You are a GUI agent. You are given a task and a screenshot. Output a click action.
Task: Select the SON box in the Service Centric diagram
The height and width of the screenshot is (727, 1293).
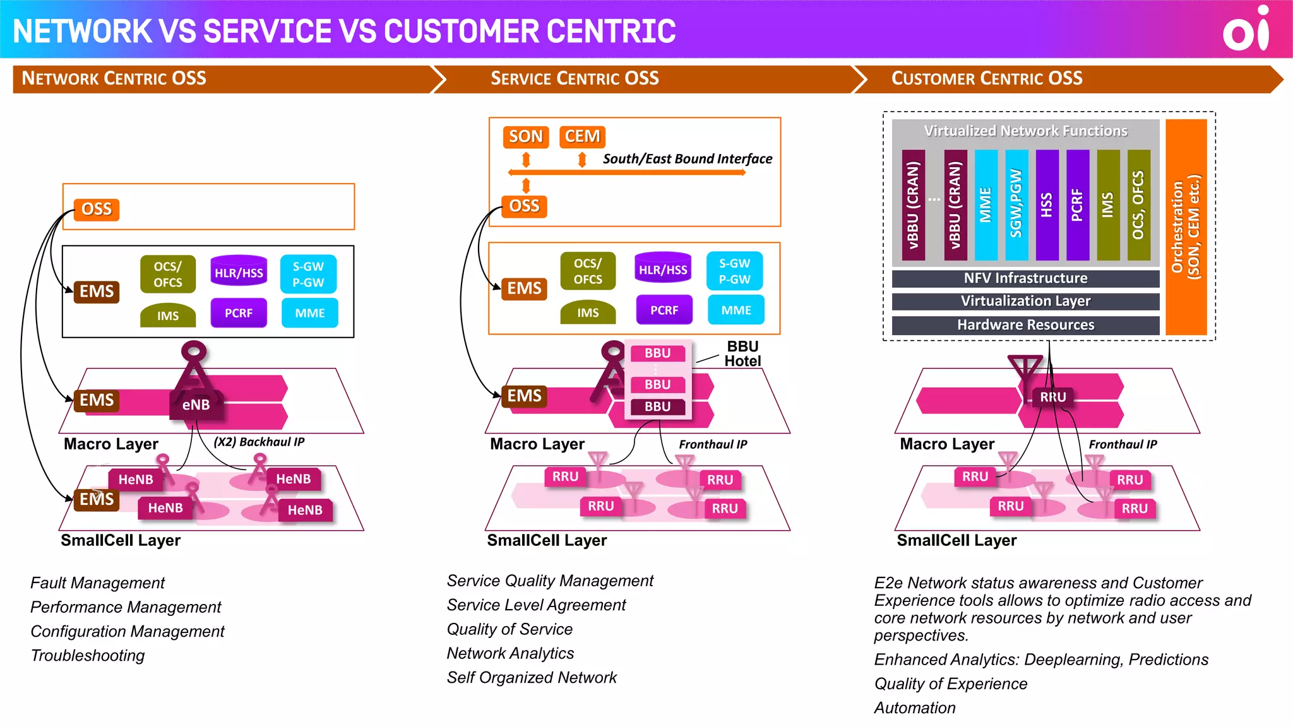pyautogui.click(x=525, y=136)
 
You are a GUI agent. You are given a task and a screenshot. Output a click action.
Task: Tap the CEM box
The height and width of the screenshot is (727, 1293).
pyautogui.click(x=581, y=136)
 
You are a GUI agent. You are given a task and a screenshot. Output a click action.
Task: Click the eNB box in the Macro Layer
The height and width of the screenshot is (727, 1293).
pyautogui.click(x=196, y=405)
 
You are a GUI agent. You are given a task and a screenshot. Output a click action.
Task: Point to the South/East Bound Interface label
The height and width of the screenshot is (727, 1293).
pyautogui.click(x=687, y=158)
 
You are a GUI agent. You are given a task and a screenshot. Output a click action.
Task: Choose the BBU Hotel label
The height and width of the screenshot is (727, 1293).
pyautogui.click(x=742, y=354)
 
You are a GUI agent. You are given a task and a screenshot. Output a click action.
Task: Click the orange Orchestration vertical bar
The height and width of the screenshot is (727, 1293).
pyautogui.click(x=1186, y=227)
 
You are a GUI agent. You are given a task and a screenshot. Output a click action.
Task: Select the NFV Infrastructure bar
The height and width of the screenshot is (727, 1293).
pyautogui.click(x=1025, y=278)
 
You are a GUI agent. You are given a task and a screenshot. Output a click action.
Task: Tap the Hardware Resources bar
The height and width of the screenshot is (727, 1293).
pyautogui.click(x=1025, y=325)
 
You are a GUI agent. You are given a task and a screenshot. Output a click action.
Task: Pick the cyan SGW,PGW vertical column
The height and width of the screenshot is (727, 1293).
pyautogui.click(x=1016, y=204)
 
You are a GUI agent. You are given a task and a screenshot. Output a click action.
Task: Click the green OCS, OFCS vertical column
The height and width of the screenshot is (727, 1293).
pyautogui.click(x=1138, y=204)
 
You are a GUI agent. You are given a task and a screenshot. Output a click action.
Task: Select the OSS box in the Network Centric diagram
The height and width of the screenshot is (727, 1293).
pyautogui.click(x=97, y=209)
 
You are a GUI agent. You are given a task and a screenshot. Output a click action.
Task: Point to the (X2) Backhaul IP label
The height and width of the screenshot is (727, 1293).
pyautogui.click(x=259, y=442)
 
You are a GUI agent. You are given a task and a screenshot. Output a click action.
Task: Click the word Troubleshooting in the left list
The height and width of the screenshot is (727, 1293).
pyautogui.click(x=88, y=656)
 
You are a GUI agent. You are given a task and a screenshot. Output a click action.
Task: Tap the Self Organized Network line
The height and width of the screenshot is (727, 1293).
pyautogui.click(x=532, y=678)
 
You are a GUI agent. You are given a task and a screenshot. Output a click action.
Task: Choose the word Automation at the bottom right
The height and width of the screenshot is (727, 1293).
pyautogui.click(x=915, y=708)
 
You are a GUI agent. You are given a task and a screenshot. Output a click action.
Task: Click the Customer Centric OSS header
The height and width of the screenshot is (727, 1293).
pyautogui.click(x=986, y=78)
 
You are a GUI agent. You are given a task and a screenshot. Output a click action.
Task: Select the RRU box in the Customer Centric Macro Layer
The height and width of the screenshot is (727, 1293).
pyautogui.click(x=1052, y=397)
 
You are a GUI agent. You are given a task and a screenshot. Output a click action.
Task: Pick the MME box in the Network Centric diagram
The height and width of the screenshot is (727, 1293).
pyautogui.click(x=310, y=313)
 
